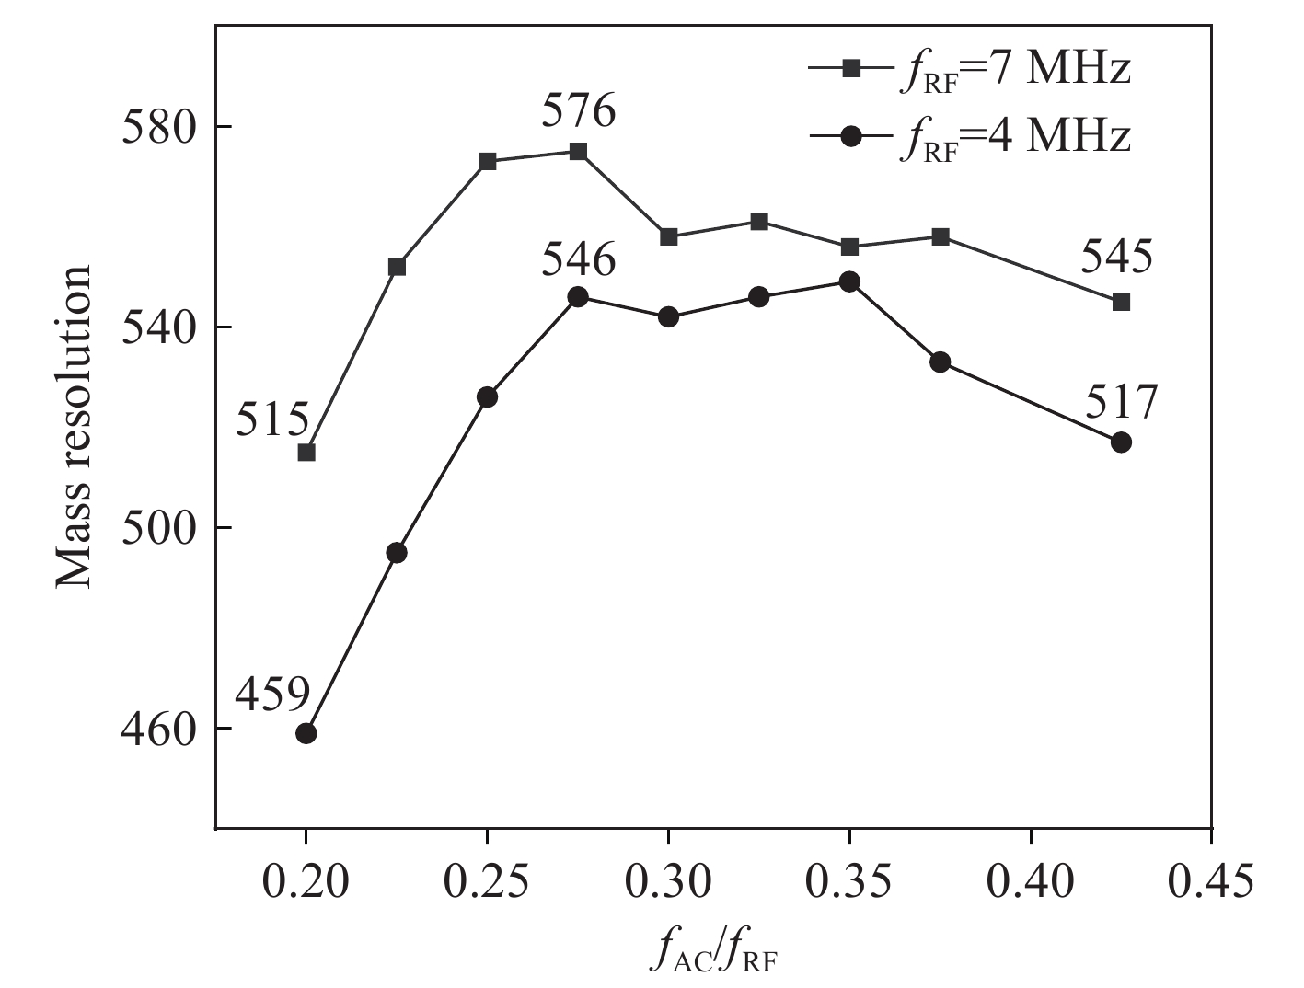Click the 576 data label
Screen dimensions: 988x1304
click(x=578, y=112)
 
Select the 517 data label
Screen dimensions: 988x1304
click(x=1120, y=402)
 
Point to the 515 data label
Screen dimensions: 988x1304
click(x=272, y=421)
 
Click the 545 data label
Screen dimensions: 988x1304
click(x=1116, y=258)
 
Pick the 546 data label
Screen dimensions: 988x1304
click(x=578, y=261)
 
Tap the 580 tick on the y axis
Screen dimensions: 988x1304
click(x=159, y=126)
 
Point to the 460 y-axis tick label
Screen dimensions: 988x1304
click(x=159, y=729)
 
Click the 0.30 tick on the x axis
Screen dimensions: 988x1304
click(x=668, y=881)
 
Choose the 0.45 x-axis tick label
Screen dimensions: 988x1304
click(x=1211, y=881)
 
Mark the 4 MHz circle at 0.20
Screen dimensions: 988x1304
click(x=306, y=733)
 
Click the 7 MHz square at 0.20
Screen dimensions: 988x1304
click(x=306, y=452)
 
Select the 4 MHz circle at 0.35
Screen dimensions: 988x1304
click(x=849, y=281)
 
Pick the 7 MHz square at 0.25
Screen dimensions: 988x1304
click(x=488, y=162)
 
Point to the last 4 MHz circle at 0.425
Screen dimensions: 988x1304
click(x=1121, y=442)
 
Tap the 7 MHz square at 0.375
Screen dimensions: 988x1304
click(x=940, y=236)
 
